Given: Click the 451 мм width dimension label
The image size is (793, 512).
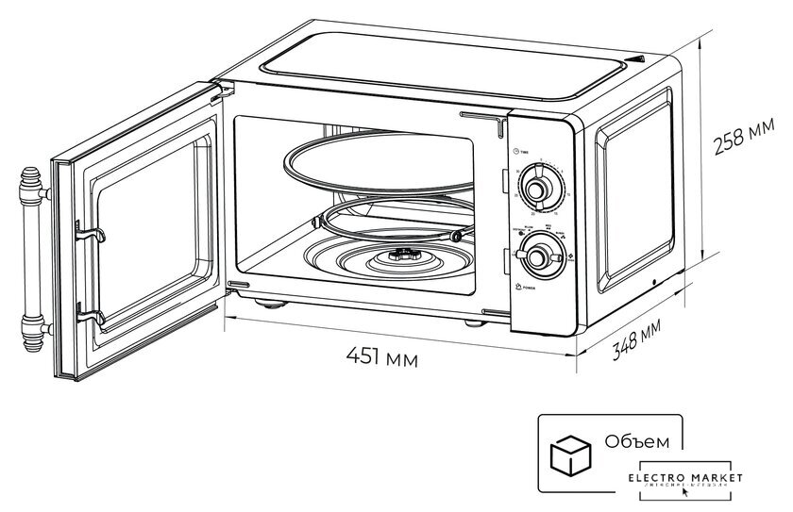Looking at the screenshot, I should [382, 356].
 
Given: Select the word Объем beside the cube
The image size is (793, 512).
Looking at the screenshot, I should [638, 441].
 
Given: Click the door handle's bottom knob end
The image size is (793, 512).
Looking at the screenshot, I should [32, 331].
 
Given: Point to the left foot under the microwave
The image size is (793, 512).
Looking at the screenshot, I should [273, 305].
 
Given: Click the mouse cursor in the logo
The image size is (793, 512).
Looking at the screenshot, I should [685, 492].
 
